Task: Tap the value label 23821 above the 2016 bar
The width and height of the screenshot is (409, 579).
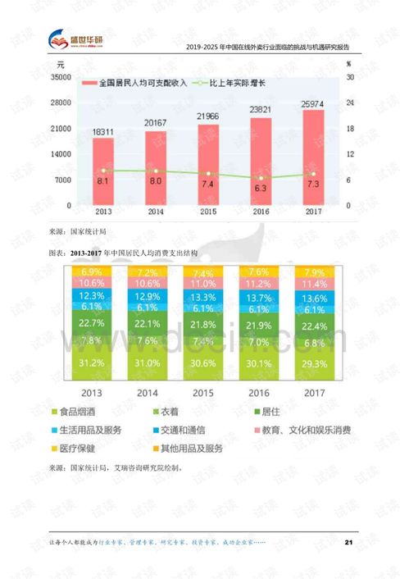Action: (x=261, y=109)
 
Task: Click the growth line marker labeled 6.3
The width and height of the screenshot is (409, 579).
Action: (x=261, y=177)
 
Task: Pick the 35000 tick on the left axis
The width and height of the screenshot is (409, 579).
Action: (x=60, y=77)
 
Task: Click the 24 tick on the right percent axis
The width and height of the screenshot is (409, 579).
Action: (x=350, y=103)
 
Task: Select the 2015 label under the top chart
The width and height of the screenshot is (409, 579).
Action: (x=207, y=212)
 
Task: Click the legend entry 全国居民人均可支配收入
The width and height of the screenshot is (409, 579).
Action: (x=139, y=84)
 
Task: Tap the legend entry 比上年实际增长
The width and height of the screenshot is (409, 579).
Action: (x=238, y=84)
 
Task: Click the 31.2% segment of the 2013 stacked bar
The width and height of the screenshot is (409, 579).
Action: (x=92, y=362)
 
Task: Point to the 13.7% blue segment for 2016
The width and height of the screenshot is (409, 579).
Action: (x=258, y=295)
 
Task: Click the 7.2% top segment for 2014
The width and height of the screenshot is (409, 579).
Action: (x=148, y=272)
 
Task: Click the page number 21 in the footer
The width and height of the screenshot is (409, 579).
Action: (x=348, y=542)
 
